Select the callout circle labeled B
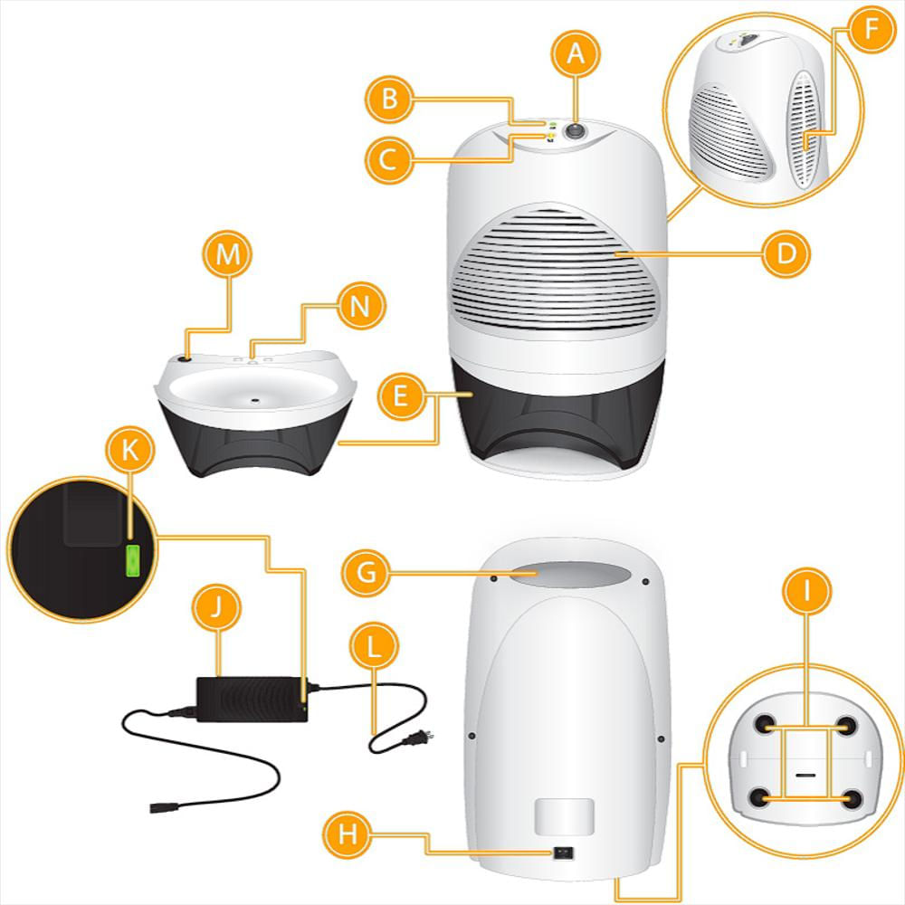[x=390, y=97]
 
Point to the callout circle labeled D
[x=786, y=254]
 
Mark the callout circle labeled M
[x=228, y=255]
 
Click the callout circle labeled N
[x=360, y=305]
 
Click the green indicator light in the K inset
[x=133, y=561]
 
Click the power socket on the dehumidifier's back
[x=565, y=853]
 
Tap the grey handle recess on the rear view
[x=568, y=574]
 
